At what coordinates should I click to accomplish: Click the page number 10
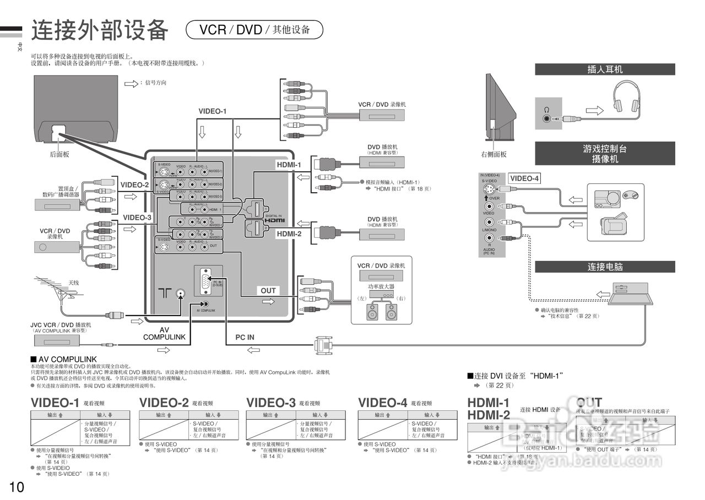17,487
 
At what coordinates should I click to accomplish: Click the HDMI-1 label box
289,165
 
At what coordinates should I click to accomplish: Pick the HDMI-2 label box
289,233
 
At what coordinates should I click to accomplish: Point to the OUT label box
268,291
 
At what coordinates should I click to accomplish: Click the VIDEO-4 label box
524,178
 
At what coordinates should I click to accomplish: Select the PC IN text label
245,337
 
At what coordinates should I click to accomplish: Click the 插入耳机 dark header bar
605,69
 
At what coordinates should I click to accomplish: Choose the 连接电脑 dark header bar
605,267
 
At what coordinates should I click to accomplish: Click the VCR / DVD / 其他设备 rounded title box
254,30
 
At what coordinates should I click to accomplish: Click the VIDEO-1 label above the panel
213,111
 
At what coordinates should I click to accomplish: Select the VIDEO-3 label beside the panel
137,218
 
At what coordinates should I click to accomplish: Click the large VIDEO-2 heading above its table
164,403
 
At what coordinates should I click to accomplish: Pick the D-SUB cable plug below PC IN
323,345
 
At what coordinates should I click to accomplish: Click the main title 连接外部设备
99,30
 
